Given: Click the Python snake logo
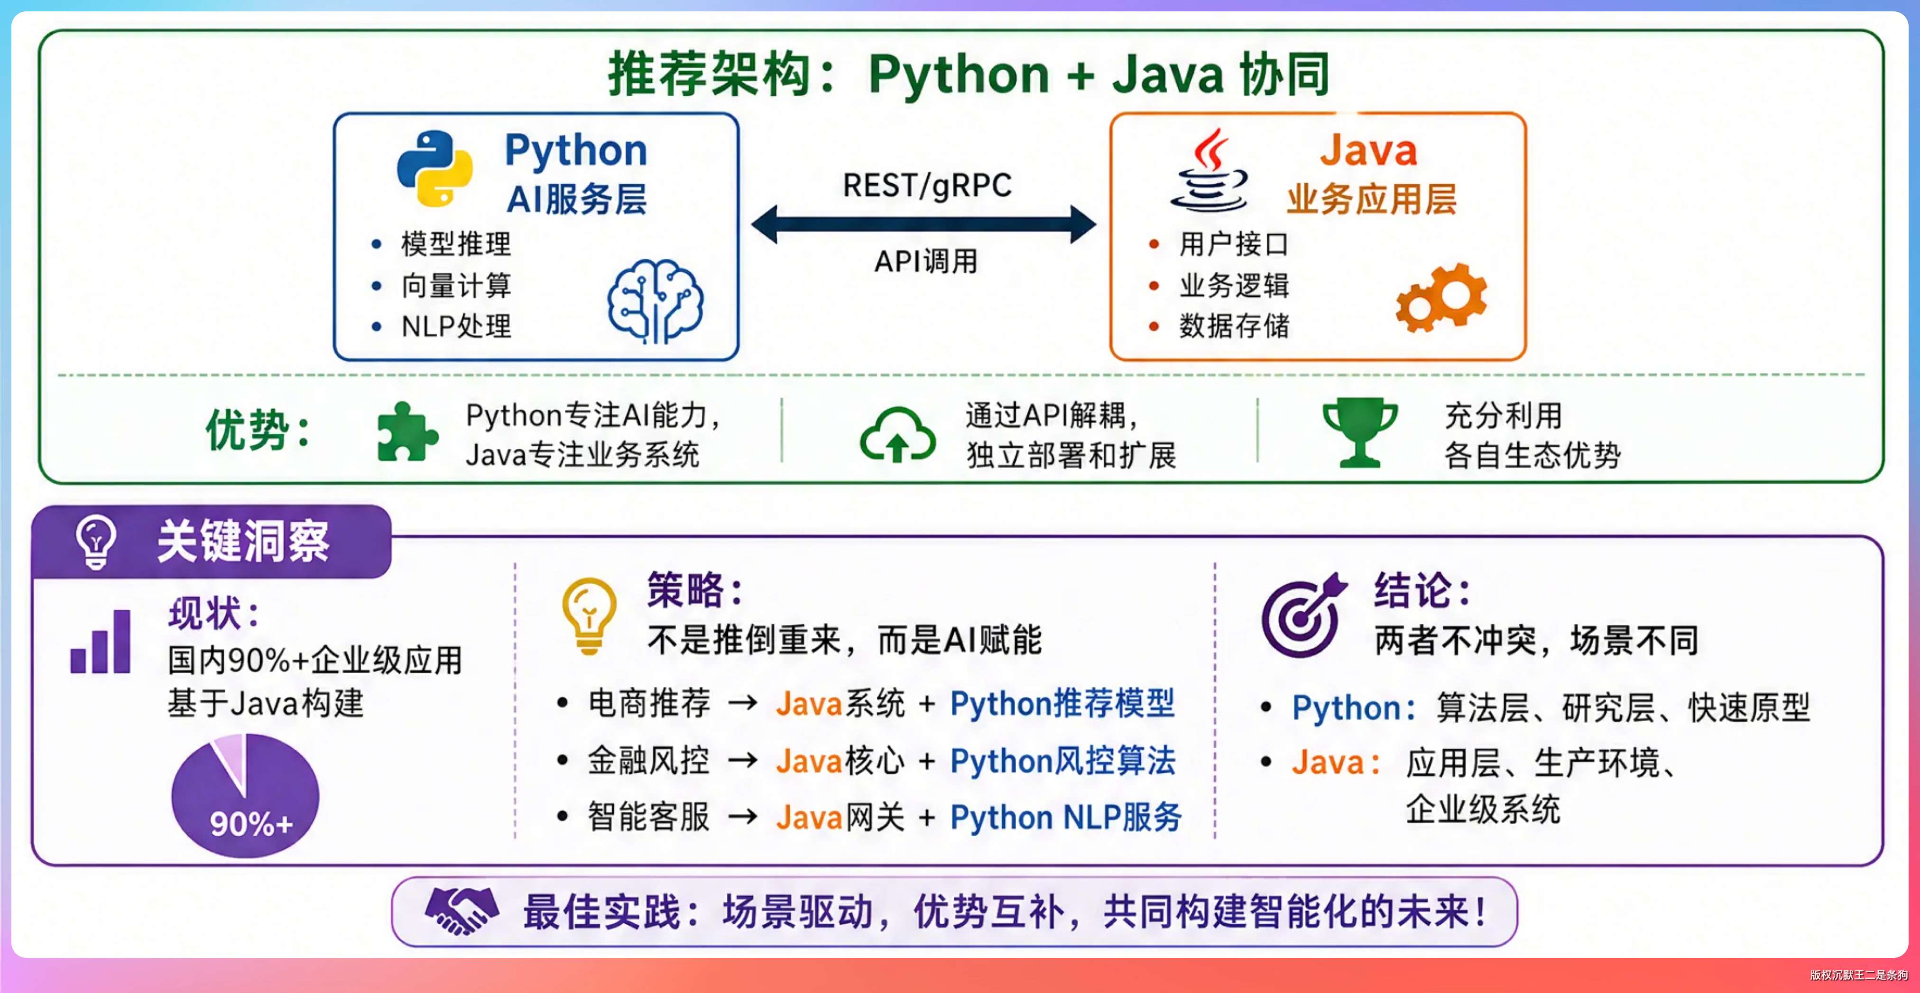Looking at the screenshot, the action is [x=434, y=168].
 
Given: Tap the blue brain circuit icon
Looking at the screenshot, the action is [x=655, y=301].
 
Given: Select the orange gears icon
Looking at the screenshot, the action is [x=1441, y=297].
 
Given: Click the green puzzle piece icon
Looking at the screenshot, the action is [x=407, y=432].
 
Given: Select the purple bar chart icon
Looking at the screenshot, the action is [x=101, y=642].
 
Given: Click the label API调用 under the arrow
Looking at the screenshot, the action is [x=926, y=261].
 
